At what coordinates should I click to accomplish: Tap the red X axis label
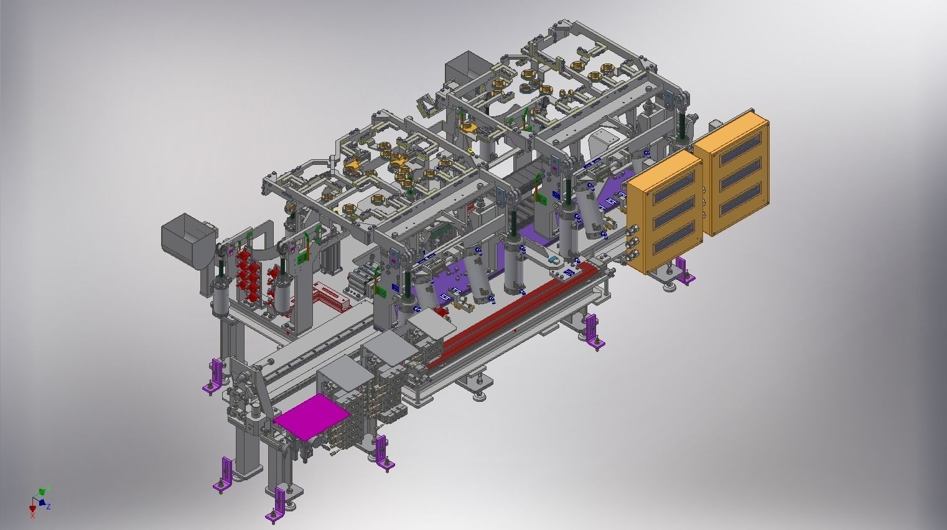[x=32, y=516]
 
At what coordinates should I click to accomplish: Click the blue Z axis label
[x=49, y=506]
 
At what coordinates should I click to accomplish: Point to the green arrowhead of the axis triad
[x=42, y=491]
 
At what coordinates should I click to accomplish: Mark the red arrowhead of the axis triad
[x=32, y=509]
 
